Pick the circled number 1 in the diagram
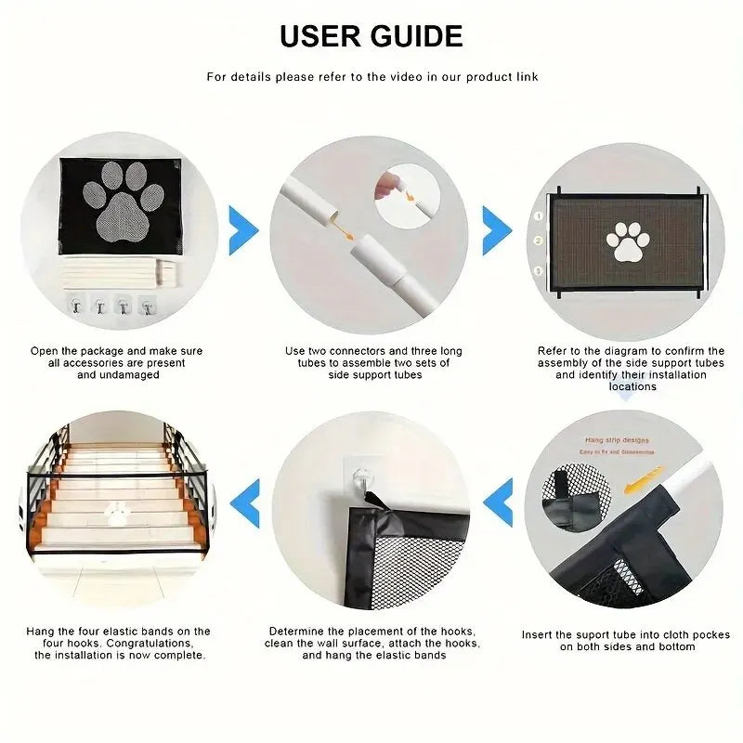coord(537,215)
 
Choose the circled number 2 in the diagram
coord(537,241)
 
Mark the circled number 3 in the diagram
coord(537,270)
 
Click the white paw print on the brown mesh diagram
coord(628,241)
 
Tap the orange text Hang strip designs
coord(617,440)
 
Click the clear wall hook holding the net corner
coord(367,480)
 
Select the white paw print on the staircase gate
coord(117,513)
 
